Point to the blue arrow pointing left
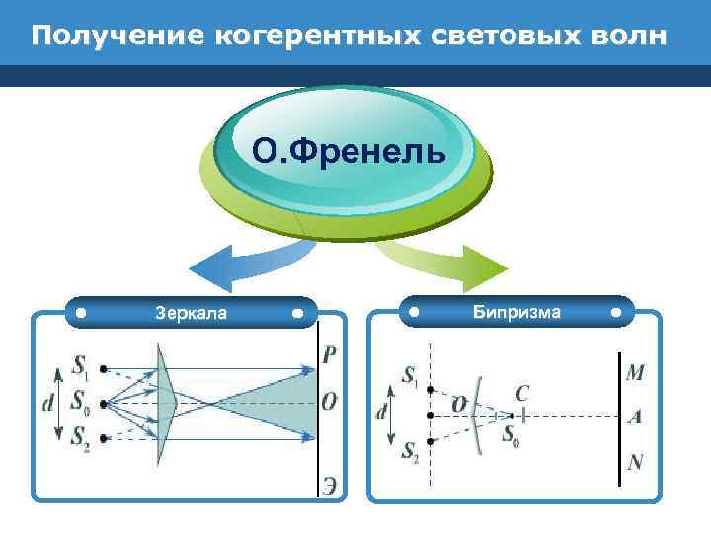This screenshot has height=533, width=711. (237, 264)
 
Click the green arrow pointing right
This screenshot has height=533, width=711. (454, 263)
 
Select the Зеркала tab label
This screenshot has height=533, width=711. (191, 314)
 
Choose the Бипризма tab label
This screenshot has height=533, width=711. (516, 313)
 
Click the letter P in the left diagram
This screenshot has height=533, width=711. (329, 356)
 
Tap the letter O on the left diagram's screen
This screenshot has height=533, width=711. (330, 402)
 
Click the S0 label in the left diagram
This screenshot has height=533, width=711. (81, 402)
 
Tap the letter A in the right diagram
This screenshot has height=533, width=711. (635, 417)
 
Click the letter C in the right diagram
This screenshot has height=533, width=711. (521, 393)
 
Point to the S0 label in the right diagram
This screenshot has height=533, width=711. (512, 433)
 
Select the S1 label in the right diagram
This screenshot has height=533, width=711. (410, 375)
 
